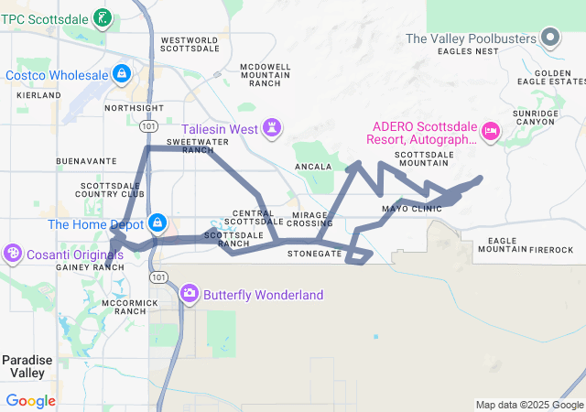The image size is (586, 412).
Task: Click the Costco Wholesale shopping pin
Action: tap(122, 72)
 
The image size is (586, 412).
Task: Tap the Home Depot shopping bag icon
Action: tap(158, 222)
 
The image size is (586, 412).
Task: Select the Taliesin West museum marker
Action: tap(272, 126)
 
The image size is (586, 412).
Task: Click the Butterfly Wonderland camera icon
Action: tap(190, 293)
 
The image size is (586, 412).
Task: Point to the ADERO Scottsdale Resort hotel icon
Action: tap(491, 132)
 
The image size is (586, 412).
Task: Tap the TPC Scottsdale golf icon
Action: tap(103, 16)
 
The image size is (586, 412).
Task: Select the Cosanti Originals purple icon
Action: tap(14, 252)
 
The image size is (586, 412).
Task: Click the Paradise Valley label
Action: tap(27, 366)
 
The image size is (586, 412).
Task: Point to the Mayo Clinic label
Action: tap(411, 209)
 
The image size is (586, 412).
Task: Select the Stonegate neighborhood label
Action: tap(314, 253)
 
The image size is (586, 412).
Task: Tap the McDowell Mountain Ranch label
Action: tap(266, 75)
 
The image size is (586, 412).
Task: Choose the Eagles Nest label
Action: tap(467, 52)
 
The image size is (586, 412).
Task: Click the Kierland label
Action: tap(37, 94)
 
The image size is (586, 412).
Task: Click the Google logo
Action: tap(31, 401)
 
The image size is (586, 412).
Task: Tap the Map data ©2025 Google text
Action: tap(529, 405)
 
